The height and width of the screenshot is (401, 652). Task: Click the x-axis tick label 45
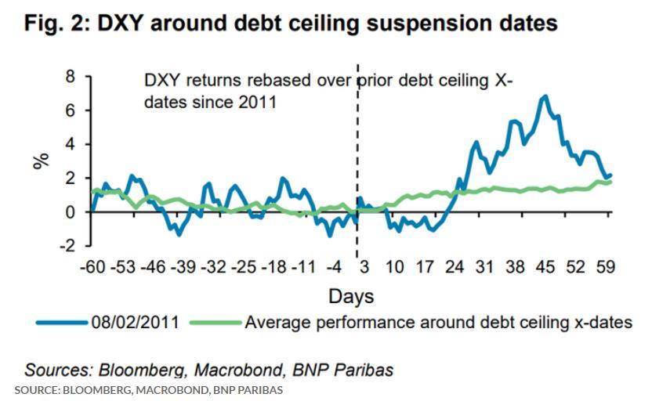click(x=545, y=268)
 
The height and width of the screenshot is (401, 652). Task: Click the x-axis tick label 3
click(x=364, y=268)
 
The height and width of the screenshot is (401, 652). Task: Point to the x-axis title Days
click(x=350, y=296)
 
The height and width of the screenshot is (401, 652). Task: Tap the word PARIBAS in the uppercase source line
click(x=263, y=389)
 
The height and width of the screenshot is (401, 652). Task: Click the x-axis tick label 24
click(x=455, y=268)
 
